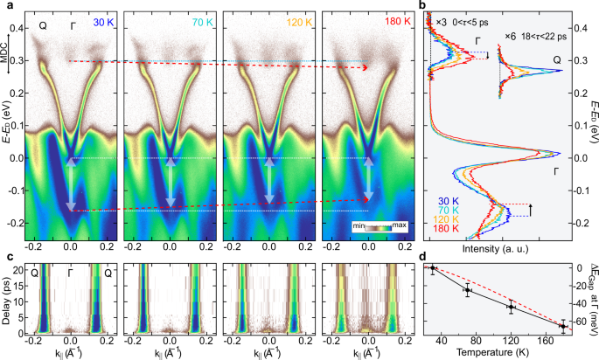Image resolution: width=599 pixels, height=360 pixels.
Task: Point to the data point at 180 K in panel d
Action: [x=563, y=326]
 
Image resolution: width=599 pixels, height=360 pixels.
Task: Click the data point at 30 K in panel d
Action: [x=432, y=269]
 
